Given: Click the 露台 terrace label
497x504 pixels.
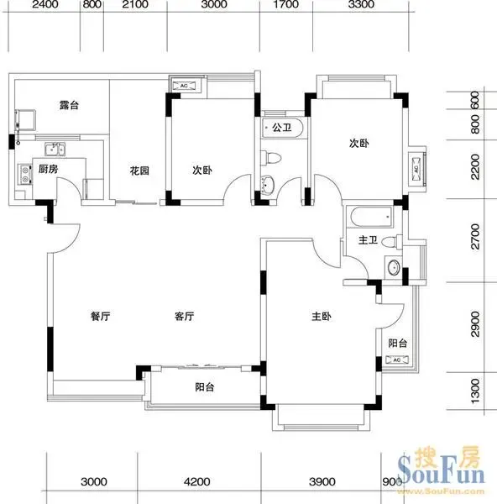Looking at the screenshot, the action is coord(69,105).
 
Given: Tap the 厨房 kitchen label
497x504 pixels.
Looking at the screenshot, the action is coord(49,169).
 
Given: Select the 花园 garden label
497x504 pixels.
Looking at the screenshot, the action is coord(139,171).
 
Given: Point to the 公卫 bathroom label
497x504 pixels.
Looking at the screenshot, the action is coord(282,128).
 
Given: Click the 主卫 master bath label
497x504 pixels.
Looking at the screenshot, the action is coord(369,239).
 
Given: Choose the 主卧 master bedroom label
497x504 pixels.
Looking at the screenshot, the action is coord(322,317).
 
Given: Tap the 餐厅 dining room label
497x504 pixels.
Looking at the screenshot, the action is coord(100,317).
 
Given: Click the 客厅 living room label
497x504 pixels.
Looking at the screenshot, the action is coord(185,317).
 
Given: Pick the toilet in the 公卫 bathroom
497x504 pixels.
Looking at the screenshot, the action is coord(271,158).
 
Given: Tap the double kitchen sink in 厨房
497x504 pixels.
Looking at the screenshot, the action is coord(55,149).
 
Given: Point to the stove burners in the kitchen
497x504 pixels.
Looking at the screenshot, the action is coord(24,175).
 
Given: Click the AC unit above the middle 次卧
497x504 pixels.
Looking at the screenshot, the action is coord(184,86).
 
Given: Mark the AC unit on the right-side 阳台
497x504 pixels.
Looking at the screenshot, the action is coord(397,360).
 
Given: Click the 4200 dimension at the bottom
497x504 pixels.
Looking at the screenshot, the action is coord(197,481).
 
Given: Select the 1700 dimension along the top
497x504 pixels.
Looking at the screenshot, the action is coord(285,4).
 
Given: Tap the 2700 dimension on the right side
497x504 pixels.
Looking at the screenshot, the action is coord(475,237).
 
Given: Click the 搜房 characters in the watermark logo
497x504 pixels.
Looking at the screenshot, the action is coord(447,456).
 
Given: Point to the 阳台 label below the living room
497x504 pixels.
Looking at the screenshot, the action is coord(205,387).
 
